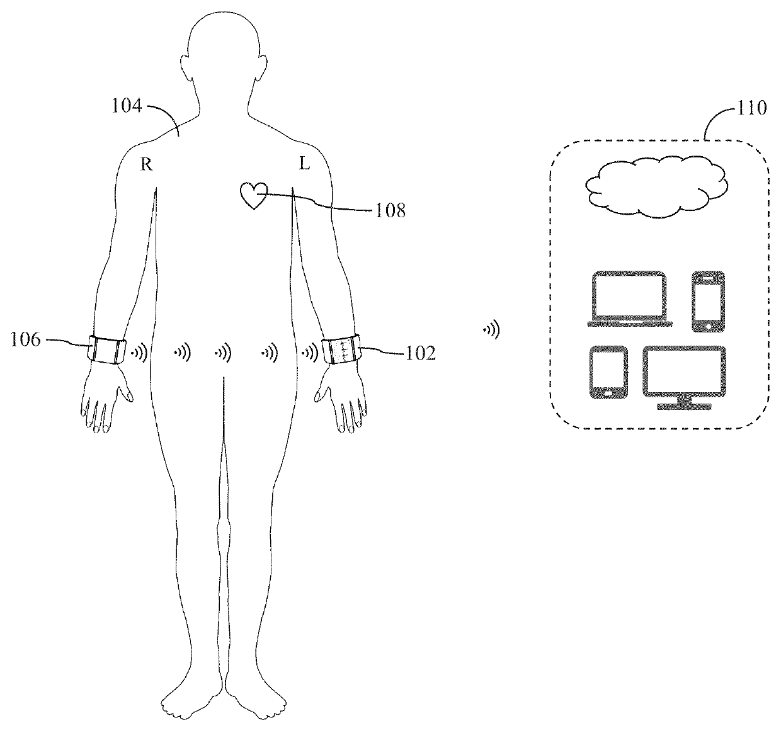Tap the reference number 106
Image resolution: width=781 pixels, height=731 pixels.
point(25,341)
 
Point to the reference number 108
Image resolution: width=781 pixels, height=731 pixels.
point(390,210)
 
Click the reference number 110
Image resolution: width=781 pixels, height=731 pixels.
point(751,108)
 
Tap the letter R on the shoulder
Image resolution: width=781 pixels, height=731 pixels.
point(146,164)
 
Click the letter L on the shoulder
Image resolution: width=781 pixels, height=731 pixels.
point(304,164)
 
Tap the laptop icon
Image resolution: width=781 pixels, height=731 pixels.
point(629,298)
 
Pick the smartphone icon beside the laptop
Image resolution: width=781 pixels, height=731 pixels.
point(709,301)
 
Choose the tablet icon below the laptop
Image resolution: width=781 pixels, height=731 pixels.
point(608,372)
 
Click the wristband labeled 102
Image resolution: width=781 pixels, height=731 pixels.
point(340,350)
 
